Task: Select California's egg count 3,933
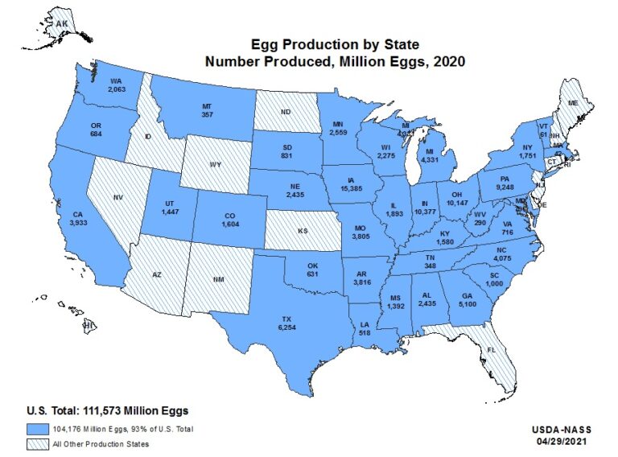click(77, 223)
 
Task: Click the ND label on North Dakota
click(286, 113)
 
